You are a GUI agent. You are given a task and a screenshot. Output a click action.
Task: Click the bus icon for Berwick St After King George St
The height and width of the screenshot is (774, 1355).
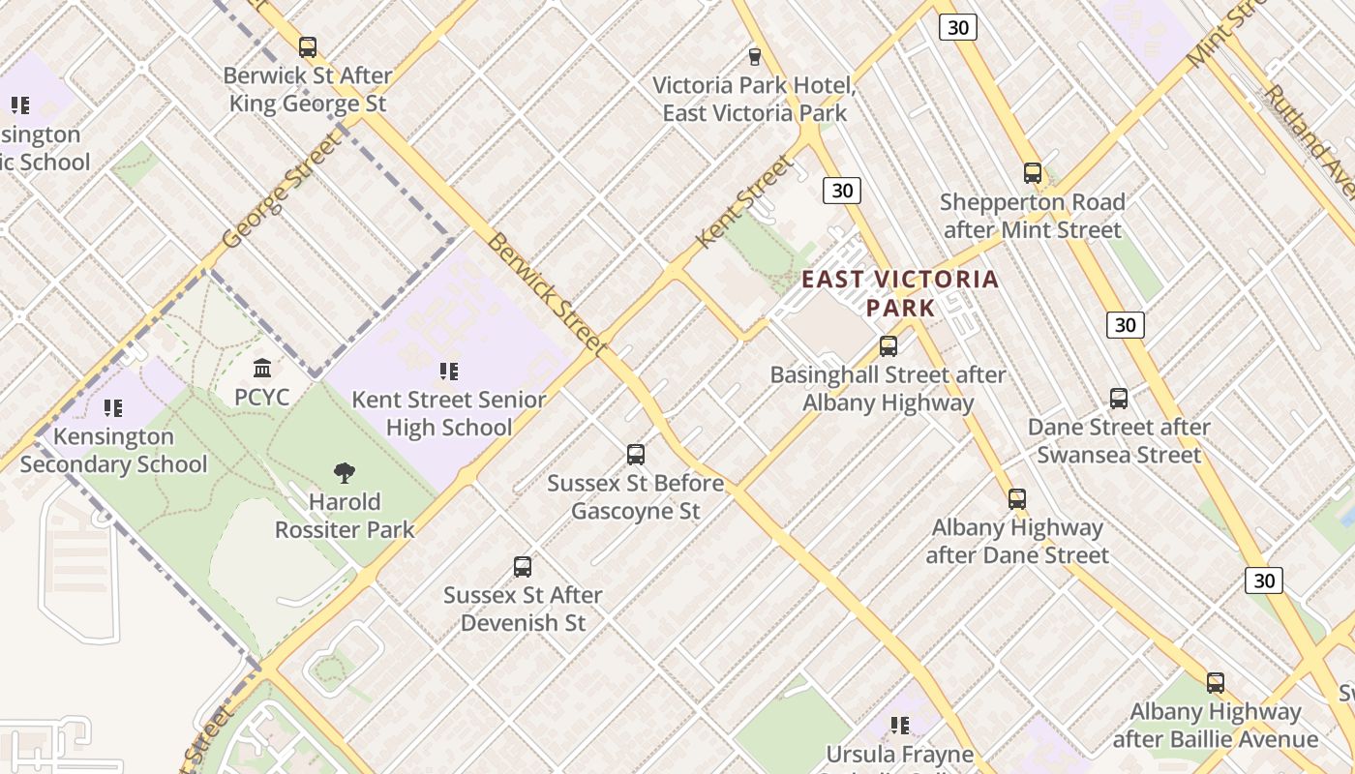[x=308, y=46]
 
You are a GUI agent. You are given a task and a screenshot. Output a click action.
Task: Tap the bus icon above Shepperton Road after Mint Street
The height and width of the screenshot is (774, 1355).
[x=1033, y=173]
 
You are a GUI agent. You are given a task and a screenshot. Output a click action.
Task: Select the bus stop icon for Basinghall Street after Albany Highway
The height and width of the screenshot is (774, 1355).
[x=888, y=345]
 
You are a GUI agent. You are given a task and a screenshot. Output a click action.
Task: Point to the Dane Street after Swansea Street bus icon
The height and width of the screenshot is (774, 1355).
[x=1119, y=398]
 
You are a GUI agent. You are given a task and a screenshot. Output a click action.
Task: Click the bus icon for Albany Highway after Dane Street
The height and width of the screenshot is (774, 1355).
[x=1016, y=499]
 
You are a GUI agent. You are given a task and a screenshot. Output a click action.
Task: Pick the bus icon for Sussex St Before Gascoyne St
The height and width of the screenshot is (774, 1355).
[x=635, y=454]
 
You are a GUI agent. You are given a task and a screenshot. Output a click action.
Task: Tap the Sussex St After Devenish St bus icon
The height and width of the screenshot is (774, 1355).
[x=523, y=567]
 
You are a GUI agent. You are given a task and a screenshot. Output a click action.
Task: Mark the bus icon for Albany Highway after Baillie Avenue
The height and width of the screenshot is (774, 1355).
[x=1215, y=683]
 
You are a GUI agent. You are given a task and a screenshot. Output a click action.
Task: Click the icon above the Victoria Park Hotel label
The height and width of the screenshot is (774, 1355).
[x=754, y=57]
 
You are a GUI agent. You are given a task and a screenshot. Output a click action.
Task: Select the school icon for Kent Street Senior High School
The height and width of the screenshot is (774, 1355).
[x=448, y=371]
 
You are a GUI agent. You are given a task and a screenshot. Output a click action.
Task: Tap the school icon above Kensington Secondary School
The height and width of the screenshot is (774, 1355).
[x=113, y=408]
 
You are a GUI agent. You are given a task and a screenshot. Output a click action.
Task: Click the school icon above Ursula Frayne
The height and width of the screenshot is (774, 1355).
[x=900, y=725]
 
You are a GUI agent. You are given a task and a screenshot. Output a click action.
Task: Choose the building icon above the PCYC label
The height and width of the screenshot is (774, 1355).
[x=261, y=369]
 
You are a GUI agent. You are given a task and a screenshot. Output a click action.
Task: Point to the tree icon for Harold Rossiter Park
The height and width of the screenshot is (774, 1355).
[x=344, y=473]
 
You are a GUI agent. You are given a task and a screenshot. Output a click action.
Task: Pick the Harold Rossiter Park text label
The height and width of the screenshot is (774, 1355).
[x=345, y=516]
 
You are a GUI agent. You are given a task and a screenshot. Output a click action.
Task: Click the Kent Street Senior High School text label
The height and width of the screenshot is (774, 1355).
[x=449, y=413]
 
